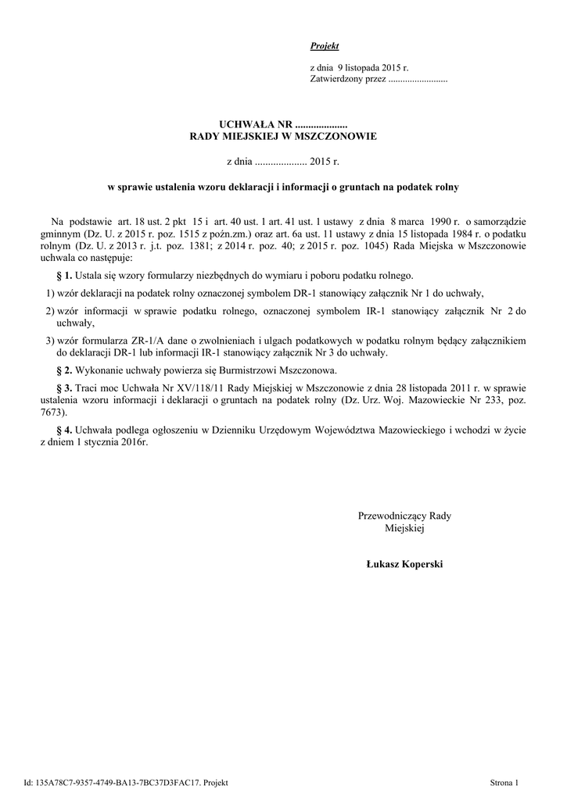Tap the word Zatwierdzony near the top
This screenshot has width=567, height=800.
pos(335,80)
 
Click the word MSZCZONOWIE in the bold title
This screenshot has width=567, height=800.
pos(337,137)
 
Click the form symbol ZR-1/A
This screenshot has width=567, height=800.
pos(130,341)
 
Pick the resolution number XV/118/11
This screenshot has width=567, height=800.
pos(184,387)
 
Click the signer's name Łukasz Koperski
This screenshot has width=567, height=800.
pos(404,564)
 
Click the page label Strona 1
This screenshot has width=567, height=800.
pos(504,782)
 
